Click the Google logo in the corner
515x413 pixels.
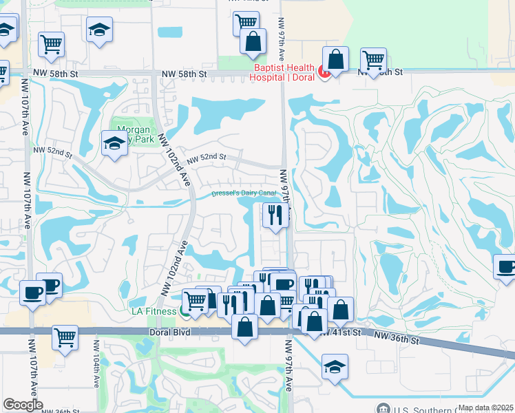click(23, 405)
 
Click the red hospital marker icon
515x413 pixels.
click(322, 71)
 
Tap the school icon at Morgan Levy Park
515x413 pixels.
click(114, 143)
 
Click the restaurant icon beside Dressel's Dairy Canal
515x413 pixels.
click(275, 215)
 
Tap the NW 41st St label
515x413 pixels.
click(341, 332)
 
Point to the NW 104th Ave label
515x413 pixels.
click(96, 371)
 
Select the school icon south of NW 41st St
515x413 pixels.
click(335, 366)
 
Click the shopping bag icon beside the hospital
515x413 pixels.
click(335, 59)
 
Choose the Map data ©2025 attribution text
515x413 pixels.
click(485, 407)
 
